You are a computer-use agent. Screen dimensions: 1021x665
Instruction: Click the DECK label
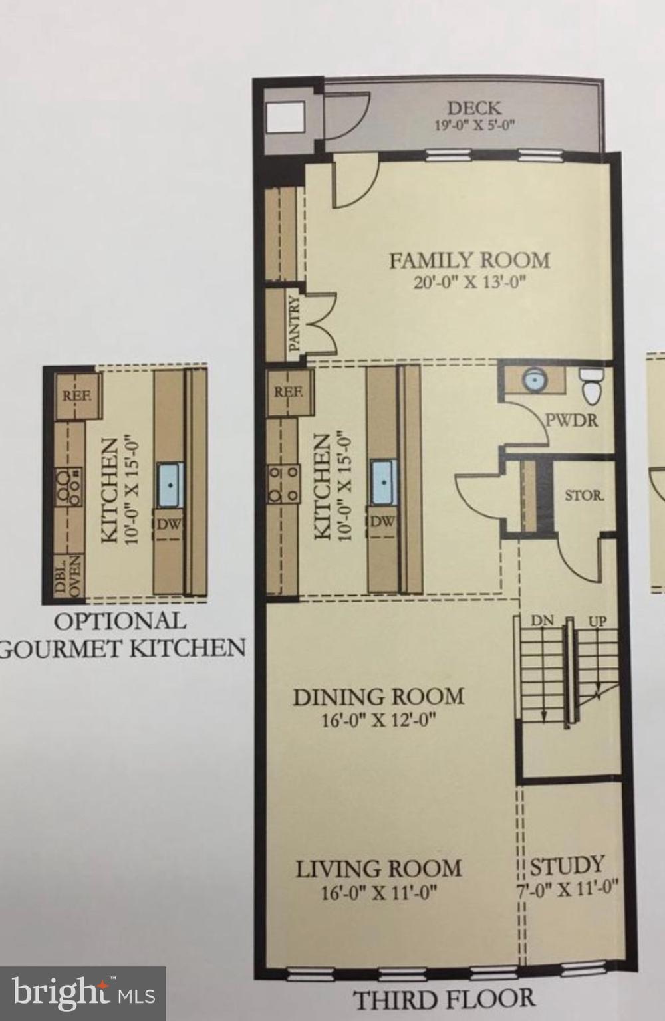474,108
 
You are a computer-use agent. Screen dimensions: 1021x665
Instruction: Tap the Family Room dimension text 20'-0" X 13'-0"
469,281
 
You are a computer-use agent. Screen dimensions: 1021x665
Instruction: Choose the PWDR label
571,420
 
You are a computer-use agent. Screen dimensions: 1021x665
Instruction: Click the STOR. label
585,495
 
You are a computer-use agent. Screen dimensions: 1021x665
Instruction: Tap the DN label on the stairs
542,621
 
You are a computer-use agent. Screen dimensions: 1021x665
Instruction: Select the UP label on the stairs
597,621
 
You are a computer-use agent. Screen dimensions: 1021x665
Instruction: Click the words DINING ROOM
378,697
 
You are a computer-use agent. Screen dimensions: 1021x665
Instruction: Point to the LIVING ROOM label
378,869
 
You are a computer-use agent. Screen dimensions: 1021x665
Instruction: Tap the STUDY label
567,865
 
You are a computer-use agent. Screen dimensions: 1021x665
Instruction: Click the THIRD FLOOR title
444,998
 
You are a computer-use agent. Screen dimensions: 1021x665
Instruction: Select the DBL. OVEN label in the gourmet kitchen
68,578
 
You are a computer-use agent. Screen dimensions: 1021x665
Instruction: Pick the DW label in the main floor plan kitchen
382,522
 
